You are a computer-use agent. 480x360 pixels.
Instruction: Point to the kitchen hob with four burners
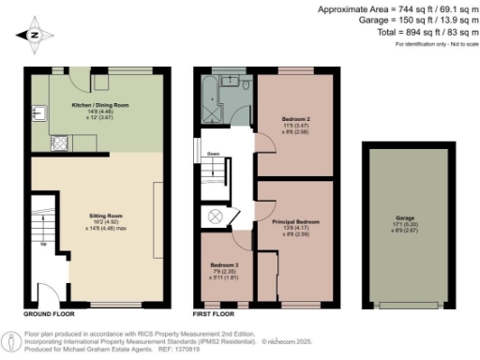pyautogui.click(x=60, y=145)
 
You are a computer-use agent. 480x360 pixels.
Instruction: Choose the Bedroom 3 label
pyautogui.click(x=224, y=266)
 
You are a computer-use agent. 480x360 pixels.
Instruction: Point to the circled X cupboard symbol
pyautogui.click(x=215, y=216)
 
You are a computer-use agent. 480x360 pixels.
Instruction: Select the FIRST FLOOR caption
pyautogui.click(x=215, y=316)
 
